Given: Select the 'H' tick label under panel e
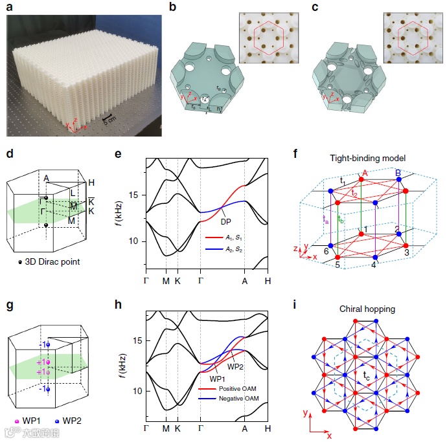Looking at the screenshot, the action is tap(267, 280).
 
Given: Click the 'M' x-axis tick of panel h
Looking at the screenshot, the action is tap(166, 429).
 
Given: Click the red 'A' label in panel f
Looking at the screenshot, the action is tap(366, 172).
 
